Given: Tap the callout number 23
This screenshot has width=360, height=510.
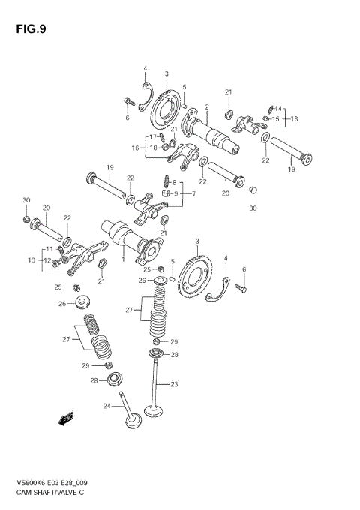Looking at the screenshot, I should [x=174, y=384].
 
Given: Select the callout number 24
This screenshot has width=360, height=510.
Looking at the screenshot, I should [x=106, y=406].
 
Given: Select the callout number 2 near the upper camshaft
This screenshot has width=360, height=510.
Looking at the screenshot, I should [x=205, y=107].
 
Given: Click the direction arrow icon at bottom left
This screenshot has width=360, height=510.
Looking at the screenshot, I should [x=67, y=419].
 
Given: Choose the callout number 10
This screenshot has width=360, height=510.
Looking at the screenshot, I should [x=32, y=259].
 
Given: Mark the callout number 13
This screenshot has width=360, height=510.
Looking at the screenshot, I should [x=295, y=118].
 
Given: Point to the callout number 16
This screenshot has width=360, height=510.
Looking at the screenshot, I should [x=136, y=148].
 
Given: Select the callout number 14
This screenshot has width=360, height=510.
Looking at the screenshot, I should [x=278, y=109].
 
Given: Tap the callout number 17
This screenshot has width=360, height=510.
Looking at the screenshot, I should [x=152, y=137].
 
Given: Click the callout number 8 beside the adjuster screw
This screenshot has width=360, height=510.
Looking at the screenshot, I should [x=175, y=182].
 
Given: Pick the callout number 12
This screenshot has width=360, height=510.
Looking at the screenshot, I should [x=46, y=260].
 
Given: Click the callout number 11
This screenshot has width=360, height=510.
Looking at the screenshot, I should [x=49, y=248].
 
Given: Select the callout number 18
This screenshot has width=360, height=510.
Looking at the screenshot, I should [x=152, y=148].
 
